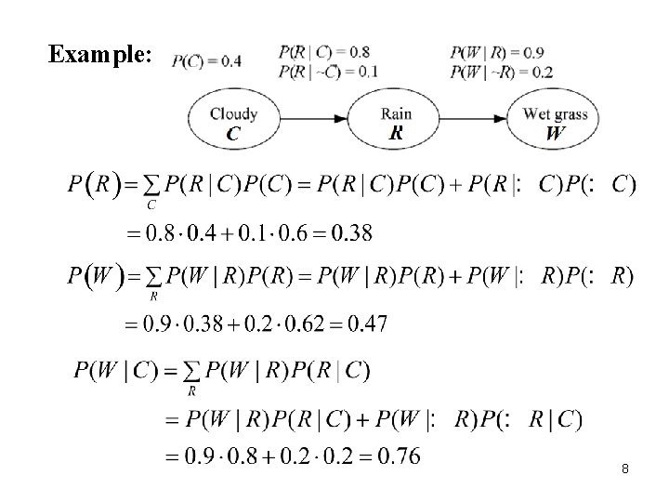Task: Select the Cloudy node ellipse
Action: pyautogui.click(x=233, y=121)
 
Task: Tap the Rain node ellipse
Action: pyautogui.click(x=396, y=121)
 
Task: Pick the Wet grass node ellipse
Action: pyautogui.click(x=556, y=121)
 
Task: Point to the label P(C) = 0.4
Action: pyautogui.click(x=207, y=61)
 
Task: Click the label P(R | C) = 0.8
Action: pyautogui.click(x=316, y=52)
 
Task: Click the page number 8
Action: pyautogui.click(x=625, y=469)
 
